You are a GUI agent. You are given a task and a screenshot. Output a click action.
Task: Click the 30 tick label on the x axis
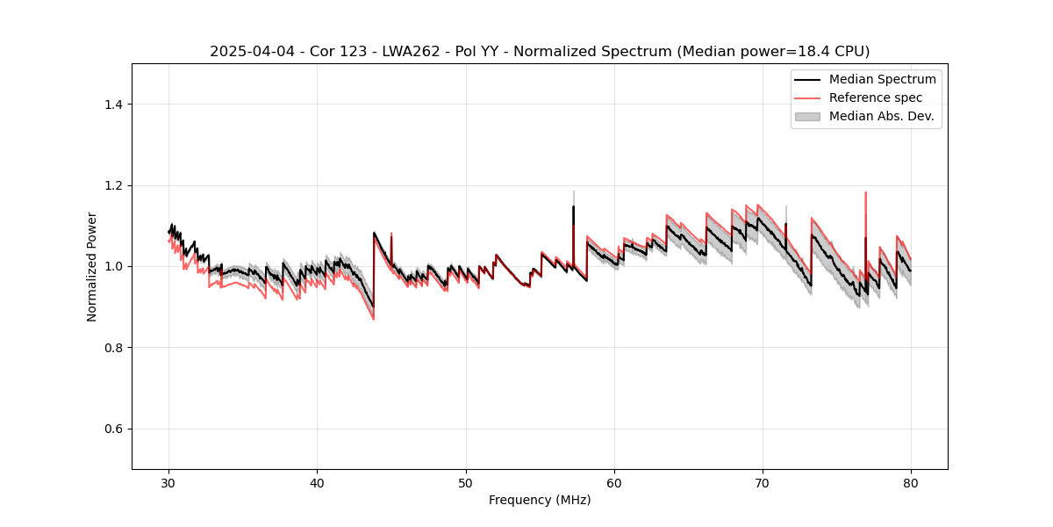pyautogui.click(x=168, y=483)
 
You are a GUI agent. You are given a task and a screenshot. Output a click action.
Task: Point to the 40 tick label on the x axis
pyautogui.click(x=317, y=483)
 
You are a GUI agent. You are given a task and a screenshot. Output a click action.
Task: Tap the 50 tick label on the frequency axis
pyautogui.click(x=466, y=483)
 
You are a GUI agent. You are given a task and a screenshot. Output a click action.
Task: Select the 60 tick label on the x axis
pyautogui.click(x=614, y=483)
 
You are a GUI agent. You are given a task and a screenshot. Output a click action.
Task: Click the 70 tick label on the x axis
pyautogui.click(x=763, y=483)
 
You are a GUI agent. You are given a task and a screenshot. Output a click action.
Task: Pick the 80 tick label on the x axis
pyautogui.click(x=911, y=483)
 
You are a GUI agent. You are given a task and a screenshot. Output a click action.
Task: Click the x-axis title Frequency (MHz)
pyautogui.click(x=540, y=500)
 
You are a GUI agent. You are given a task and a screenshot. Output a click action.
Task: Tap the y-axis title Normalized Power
pyautogui.click(x=91, y=266)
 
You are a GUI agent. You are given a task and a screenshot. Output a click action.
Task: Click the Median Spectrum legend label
pyautogui.click(x=882, y=79)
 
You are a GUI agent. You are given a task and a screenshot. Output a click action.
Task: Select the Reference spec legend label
pyautogui.click(x=876, y=97)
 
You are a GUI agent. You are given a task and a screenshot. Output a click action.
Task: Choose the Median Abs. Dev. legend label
pyautogui.click(x=881, y=116)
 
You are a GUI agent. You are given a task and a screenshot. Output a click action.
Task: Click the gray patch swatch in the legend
pyautogui.click(x=807, y=116)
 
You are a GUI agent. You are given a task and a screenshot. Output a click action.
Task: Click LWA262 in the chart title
pyautogui.click(x=411, y=52)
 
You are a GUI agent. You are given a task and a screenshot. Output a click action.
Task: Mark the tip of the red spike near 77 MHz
pyautogui.click(x=866, y=192)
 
